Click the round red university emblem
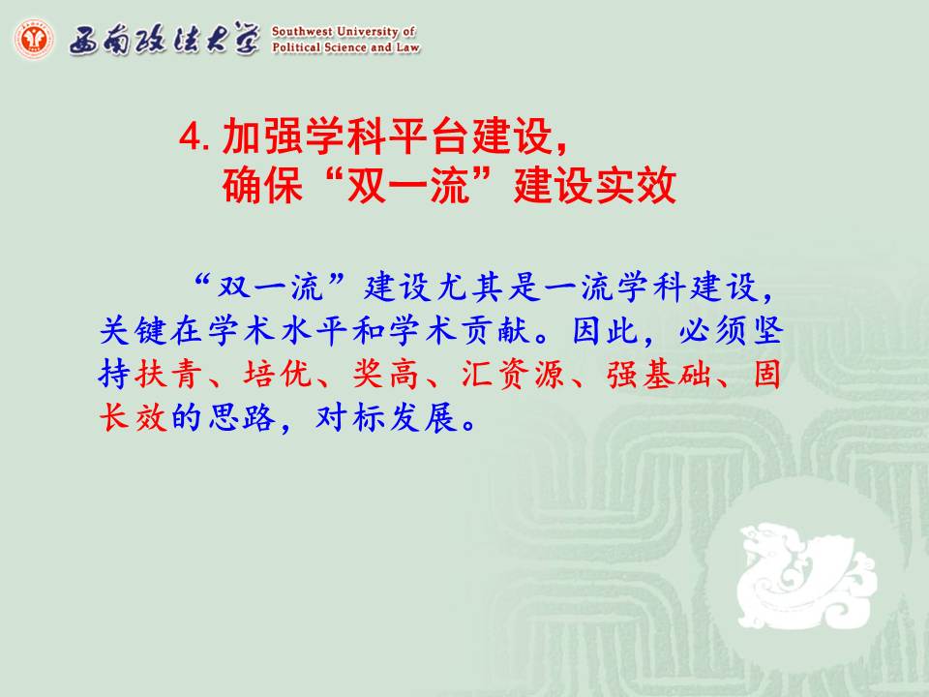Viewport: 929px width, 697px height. (x=34, y=39)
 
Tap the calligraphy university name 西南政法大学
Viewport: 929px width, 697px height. (x=165, y=40)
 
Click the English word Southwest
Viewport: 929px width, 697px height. (x=302, y=31)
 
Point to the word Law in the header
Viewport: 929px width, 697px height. (x=407, y=46)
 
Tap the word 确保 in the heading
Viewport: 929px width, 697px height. (x=262, y=185)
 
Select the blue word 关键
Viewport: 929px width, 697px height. (x=134, y=330)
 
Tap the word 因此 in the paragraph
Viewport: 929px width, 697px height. (x=605, y=330)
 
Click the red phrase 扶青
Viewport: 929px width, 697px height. (x=168, y=374)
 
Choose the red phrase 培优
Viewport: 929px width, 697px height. (x=278, y=374)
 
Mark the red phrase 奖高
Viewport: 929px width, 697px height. (x=386, y=374)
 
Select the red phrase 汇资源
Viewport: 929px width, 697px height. (x=513, y=374)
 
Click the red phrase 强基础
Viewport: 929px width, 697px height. (x=658, y=374)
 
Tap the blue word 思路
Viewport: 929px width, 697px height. (x=242, y=417)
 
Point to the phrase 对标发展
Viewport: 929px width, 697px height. (x=387, y=417)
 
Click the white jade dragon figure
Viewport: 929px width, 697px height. (x=806, y=574)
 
